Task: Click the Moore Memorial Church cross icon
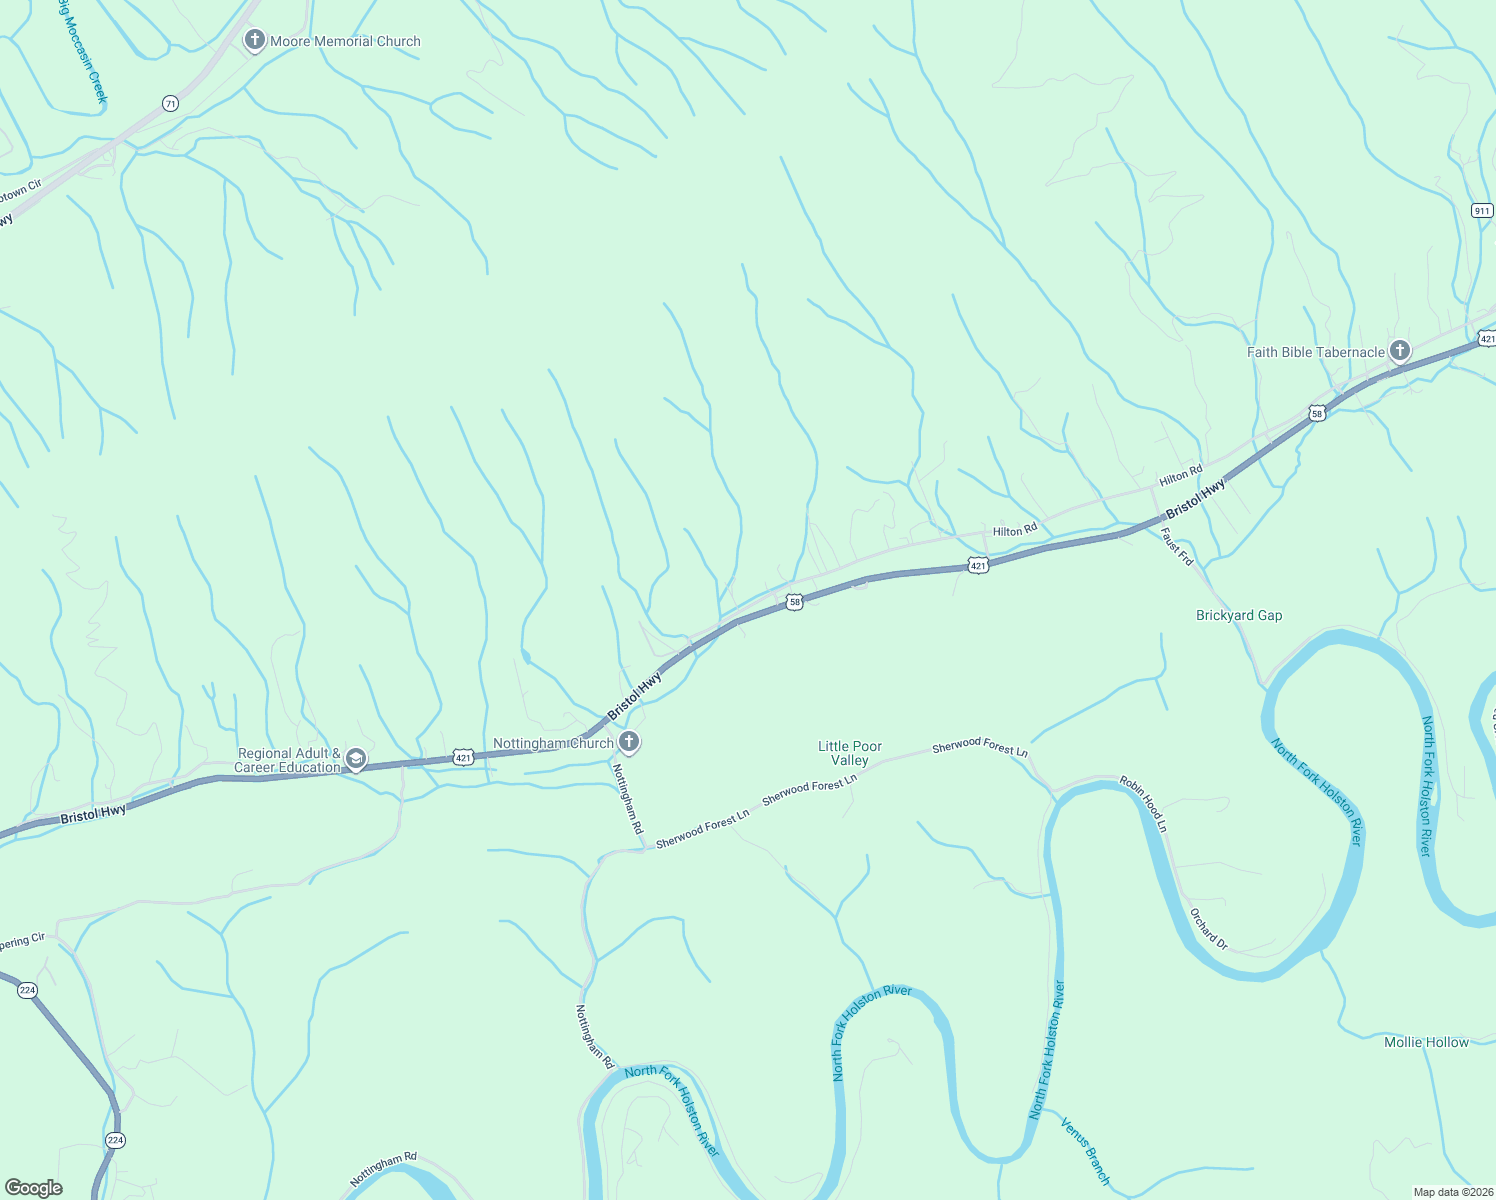[x=255, y=41]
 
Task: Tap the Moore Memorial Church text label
[x=345, y=41]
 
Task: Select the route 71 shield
[x=171, y=104]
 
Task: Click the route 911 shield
[x=1482, y=210]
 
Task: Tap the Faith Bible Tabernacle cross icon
[x=1400, y=351]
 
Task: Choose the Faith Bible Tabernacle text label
[x=1315, y=352]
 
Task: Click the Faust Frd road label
[x=1178, y=547]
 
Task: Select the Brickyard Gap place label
[x=1239, y=615]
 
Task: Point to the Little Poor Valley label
[x=850, y=753]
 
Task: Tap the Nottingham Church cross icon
[x=629, y=742]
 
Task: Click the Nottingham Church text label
[x=553, y=743]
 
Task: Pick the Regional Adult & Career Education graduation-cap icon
[x=355, y=761]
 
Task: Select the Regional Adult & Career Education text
[x=288, y=760]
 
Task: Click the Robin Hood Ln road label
[x=1143, y=803]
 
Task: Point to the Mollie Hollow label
[x=1426, y=1042]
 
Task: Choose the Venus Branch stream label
[x=1085, y=1151]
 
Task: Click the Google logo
[x=33, y=1187]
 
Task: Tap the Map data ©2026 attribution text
[x=1451, y=1192]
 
